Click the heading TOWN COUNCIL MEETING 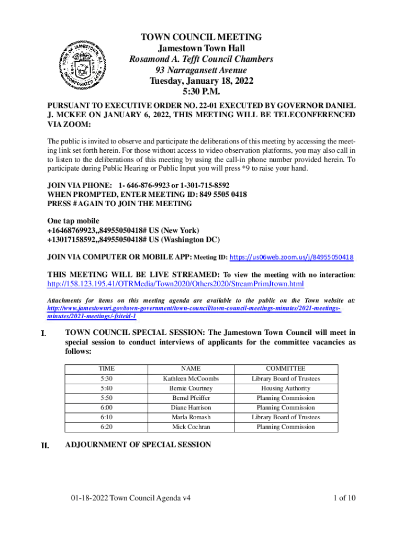pos(201,37)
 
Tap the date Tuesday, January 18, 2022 pos(201,81)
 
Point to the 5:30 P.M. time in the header pos(201,92)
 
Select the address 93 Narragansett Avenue pos(201,70)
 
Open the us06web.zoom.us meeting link pos(292,257)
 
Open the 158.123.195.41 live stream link pos(175,284)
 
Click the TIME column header pos(106,368)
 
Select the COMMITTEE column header pos(285,368)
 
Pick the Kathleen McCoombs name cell pos(191,378)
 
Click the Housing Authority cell pos(285,388)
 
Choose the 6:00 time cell pos(106,407)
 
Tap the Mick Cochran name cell pos(191,427)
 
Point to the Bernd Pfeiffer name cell pos(191,398)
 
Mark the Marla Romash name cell pos(191,417)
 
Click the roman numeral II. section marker pos(45,445)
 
